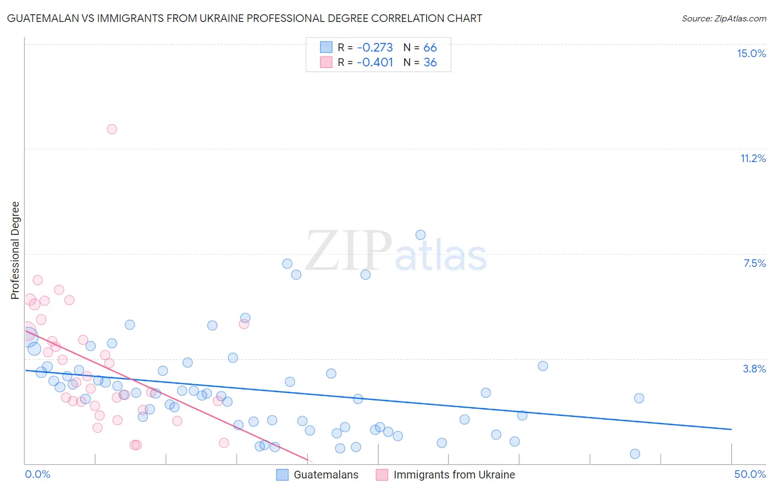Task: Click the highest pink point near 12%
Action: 112,129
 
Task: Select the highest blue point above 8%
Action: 421,235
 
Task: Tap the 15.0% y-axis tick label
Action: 751,53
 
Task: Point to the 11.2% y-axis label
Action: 753,158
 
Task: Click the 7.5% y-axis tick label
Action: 754,263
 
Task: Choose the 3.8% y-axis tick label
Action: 754,369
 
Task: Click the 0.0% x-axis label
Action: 37,474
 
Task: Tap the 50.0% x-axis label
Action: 750,474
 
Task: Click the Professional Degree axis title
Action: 15,250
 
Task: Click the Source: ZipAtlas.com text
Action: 724,18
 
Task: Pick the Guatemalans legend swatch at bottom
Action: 282,475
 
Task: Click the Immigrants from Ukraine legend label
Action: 454,475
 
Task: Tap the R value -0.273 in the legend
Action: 375,48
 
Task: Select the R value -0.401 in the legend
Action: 375,63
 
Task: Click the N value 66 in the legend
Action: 430,48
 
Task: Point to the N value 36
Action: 430,63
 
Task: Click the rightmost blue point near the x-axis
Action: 635,454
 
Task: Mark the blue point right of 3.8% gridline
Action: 543,366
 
